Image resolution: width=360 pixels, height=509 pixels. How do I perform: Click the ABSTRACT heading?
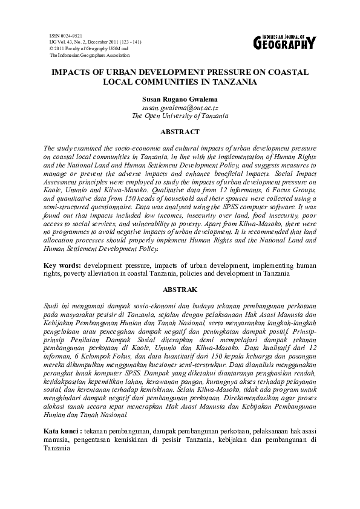coord(180,131)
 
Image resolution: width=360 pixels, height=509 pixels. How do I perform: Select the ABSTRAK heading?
coord(180,290)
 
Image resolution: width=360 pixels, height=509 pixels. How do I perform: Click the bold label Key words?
coord(63,265)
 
